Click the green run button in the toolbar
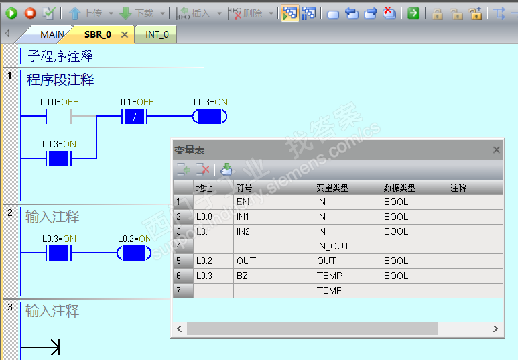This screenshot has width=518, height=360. click(x=11, y=13)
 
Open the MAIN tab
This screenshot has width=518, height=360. click(x=52, y=34)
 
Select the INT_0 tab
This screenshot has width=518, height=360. click(x=157, y=34)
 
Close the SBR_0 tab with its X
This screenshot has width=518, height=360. click(x=125, y=34)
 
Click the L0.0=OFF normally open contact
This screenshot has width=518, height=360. click(x=59, y=117)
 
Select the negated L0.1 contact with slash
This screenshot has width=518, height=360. click(x=135, y=117)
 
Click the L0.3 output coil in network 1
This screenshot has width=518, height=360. click(x=210, y=117)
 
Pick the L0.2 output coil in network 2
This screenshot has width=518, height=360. click(x=134, y=253)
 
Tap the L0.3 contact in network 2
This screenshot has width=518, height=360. click(x=59, y=253)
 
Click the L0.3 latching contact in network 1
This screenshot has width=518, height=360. click(x=59, y=159)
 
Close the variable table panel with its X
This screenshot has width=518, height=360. click(x=496, y=150)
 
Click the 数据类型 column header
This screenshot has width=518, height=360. click(x=400, y=188)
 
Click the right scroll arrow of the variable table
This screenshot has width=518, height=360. click(x=495, y=329)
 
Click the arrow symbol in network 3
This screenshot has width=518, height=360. click(x=40, y=347)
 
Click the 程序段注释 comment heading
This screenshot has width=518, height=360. click(x=60, y=80)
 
